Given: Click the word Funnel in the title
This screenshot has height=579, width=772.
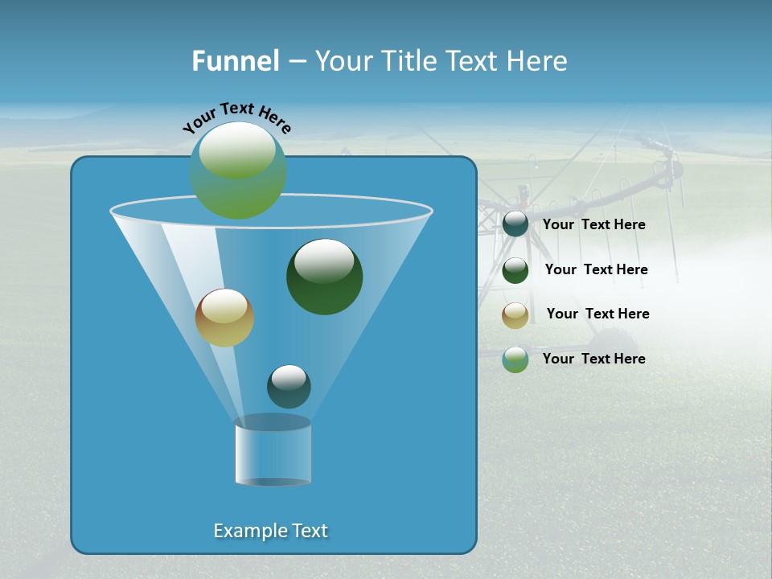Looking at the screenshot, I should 236,61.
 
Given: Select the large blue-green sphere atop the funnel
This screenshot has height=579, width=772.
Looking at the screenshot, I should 238,170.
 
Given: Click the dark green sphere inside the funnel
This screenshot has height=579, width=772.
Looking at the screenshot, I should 325,277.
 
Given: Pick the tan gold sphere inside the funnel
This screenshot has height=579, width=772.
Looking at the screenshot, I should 225,318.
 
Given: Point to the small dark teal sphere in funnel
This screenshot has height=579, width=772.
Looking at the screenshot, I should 289,387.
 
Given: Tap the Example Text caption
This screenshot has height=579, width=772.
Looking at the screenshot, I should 271,531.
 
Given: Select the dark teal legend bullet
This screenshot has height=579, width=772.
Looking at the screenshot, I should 515,224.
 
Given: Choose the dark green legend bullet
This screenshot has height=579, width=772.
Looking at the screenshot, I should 515,270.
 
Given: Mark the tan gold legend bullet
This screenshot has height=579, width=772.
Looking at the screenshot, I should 515,314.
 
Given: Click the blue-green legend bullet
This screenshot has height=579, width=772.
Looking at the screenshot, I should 515,359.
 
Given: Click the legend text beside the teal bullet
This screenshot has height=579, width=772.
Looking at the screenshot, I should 593,225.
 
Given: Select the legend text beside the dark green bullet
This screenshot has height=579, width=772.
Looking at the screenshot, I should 596,270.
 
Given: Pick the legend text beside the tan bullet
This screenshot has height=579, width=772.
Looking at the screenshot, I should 597,314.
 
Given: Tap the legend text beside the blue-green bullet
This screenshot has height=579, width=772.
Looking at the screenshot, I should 593,359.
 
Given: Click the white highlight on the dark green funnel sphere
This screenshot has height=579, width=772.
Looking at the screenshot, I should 324,261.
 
